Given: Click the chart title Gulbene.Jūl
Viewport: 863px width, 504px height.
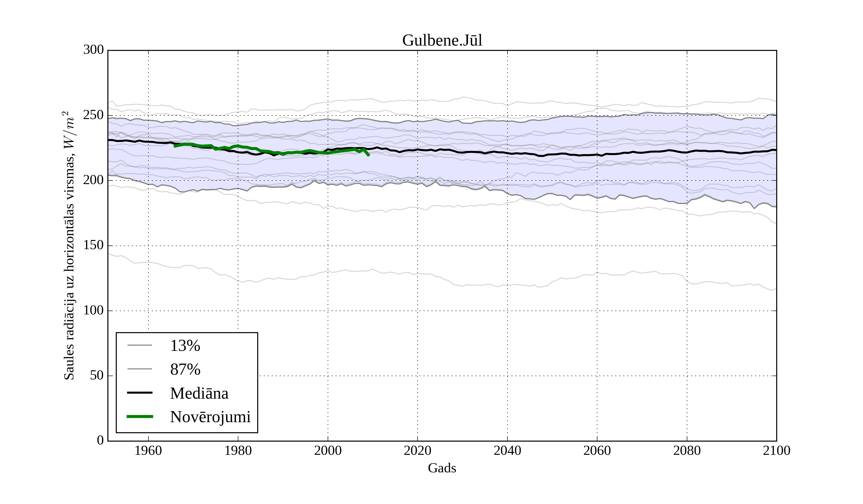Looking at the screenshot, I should (x=442, y=41).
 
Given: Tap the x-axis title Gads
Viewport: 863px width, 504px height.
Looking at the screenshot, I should (x=442, y=468).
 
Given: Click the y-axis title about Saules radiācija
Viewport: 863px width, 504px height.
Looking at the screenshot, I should (x=69, y=246).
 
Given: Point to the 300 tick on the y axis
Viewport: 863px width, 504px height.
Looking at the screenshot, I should (x=93, y=50).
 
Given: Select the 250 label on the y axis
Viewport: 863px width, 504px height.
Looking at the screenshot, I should (x=93, y=115).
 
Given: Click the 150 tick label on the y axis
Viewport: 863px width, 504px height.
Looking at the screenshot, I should (x=93, y=246).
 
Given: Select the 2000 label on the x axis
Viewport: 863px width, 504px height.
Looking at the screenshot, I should (x=328, y=450).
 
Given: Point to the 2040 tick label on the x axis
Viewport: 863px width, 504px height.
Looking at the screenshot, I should (x=507, y=450).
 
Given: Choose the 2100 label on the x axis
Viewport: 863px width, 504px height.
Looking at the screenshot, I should (x=776, y=450).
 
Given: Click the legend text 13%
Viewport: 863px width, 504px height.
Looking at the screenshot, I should (x=185, y=346).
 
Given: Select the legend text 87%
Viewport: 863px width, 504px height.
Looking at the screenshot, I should (x=185, y=369).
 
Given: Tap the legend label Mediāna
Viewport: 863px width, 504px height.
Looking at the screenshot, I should (x=199, y=393).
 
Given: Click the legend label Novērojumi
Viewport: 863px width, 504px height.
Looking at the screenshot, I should (x=210, y=417).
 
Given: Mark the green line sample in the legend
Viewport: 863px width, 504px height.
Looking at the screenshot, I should (x=140, y=417).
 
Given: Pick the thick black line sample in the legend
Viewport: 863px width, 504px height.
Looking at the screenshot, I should (x=140, y=393).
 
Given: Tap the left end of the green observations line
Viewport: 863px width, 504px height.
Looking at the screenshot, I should (x=175, y=146).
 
